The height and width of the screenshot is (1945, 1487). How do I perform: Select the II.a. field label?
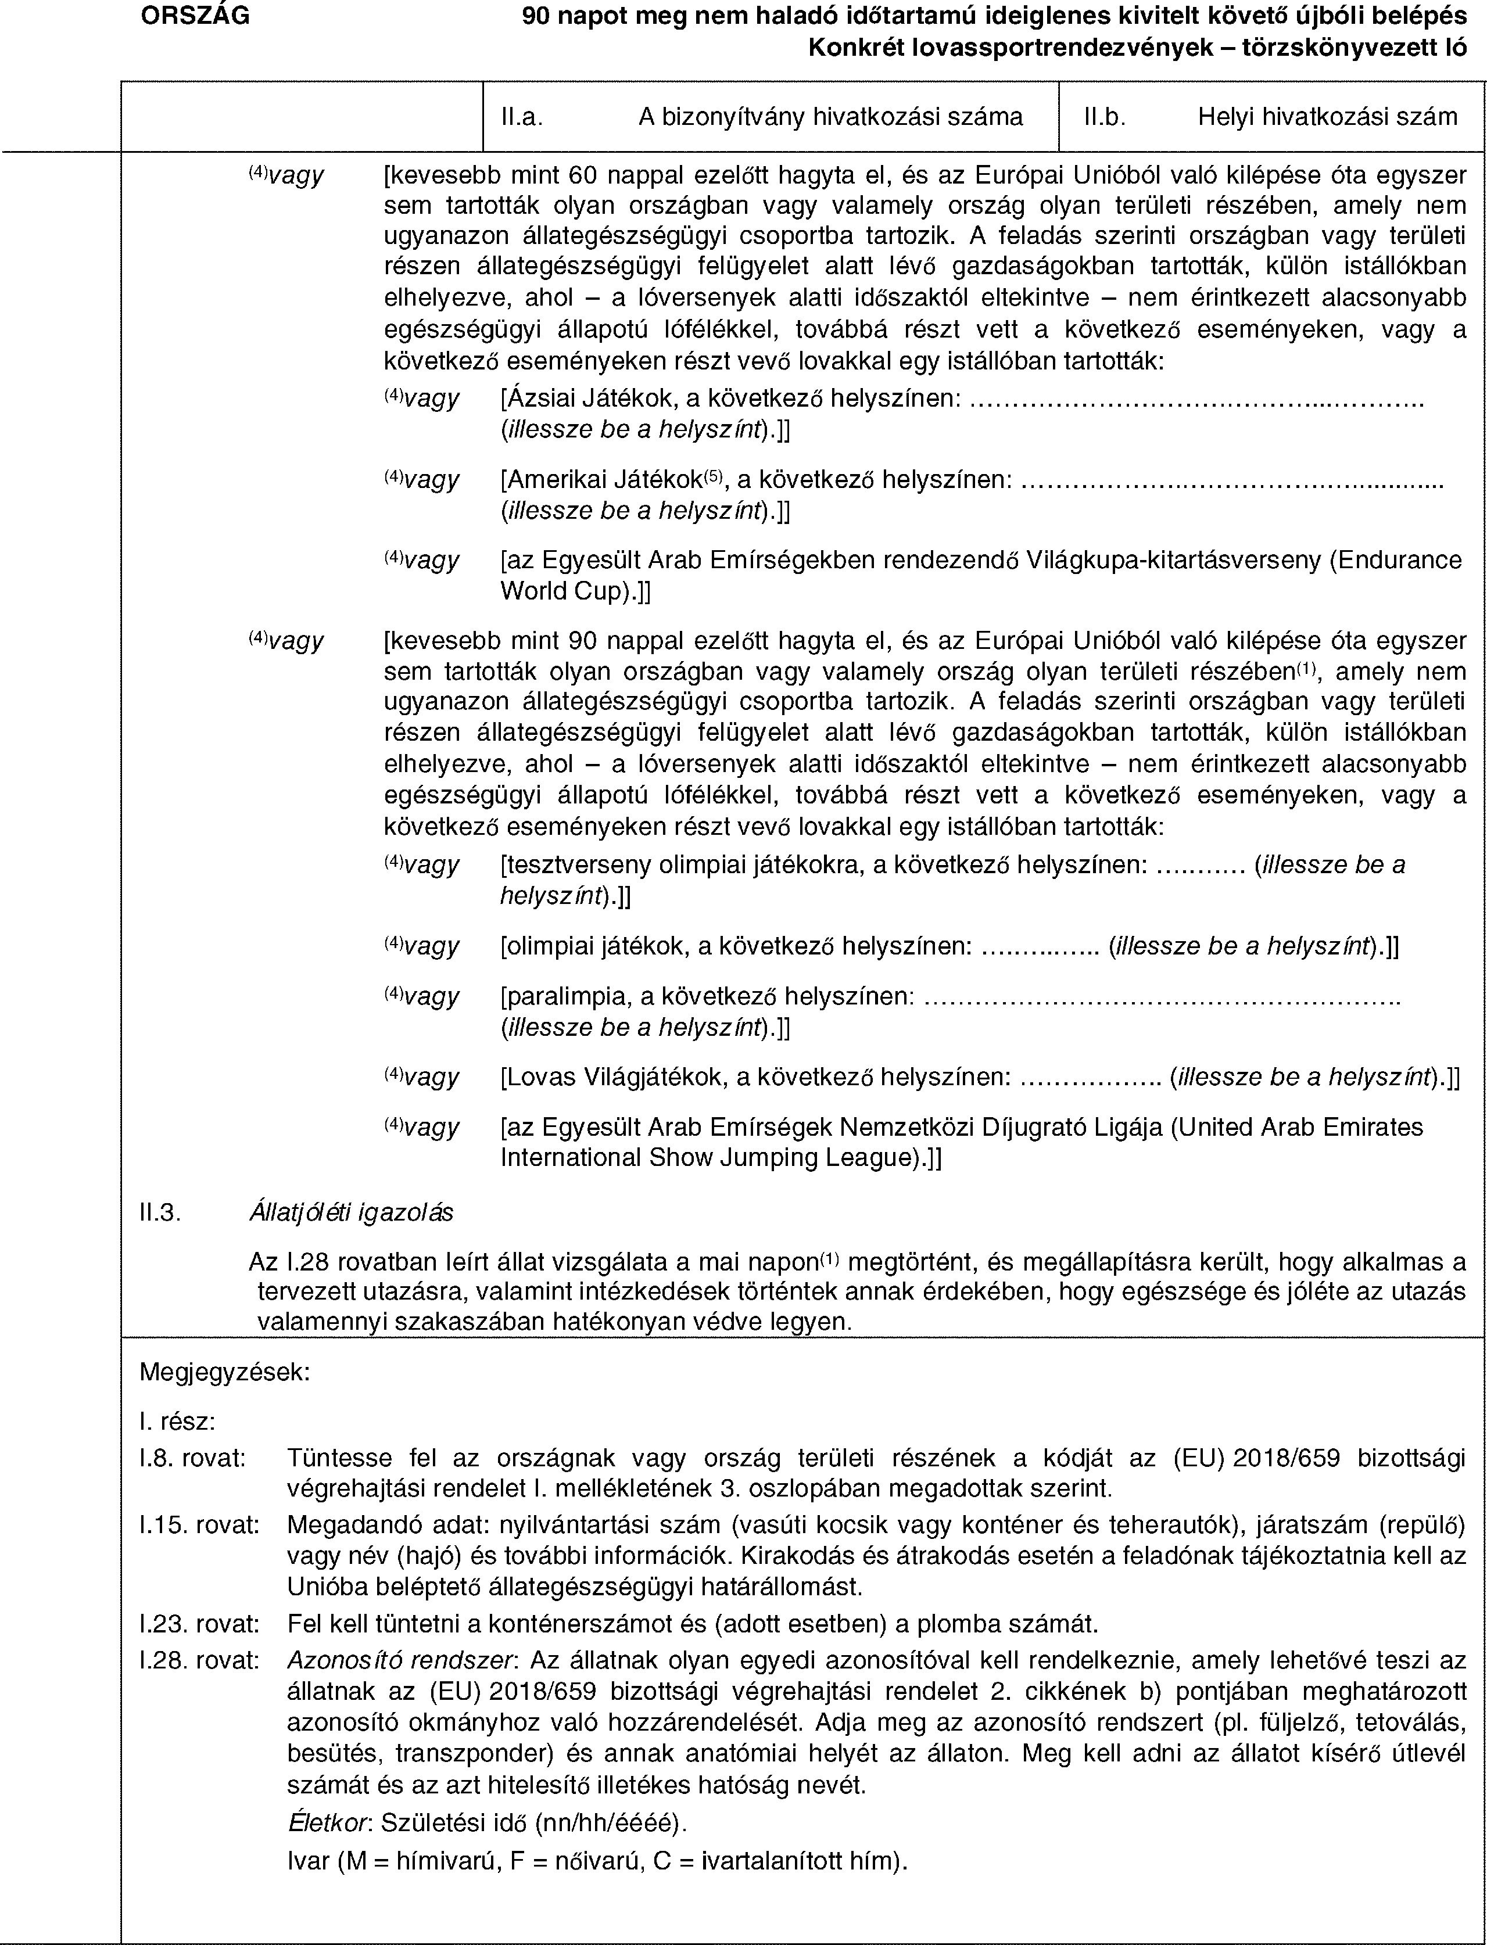click(x=521, y=116)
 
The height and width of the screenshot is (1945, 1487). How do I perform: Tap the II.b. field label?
click(x=1105, y=116)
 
